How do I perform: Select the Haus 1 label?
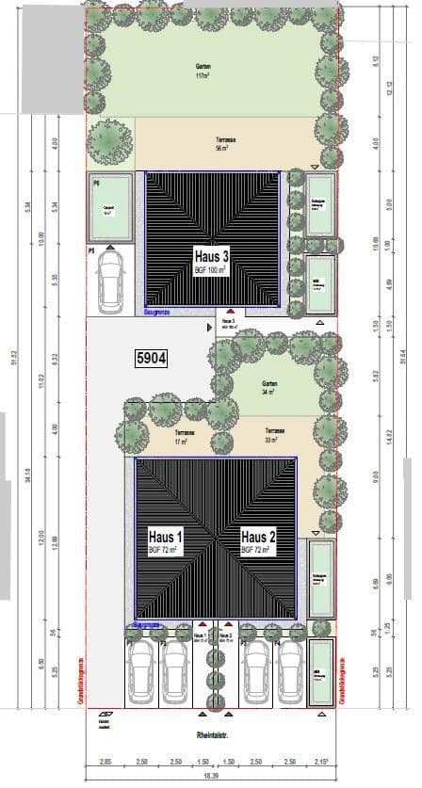tap(165, 539)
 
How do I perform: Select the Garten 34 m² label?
tap(269, 386)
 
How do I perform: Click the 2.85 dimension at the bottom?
tap(105, 760)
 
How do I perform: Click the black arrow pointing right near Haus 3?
tap(209, 328)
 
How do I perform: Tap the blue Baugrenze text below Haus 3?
tap(156, 310)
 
